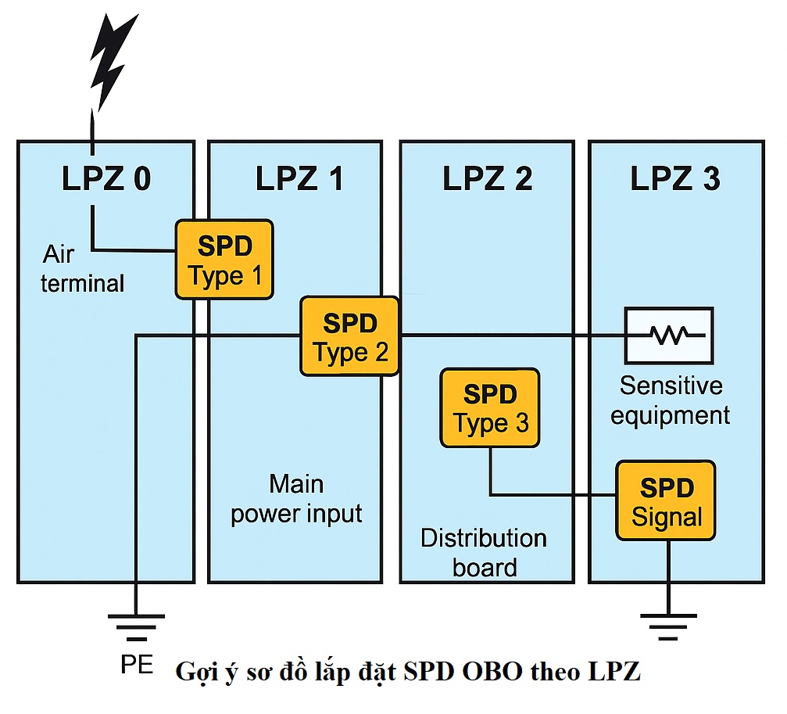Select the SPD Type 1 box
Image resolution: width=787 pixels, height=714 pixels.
pyautogui.click(x=224, y=260)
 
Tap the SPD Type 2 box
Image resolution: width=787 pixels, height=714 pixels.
pyautogui.click(x=350, y=336)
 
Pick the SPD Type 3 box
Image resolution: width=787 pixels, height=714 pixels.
pyautogui.click(x=490, y=407)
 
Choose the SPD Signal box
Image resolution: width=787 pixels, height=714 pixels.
pyautogui.click(x=666, y=501)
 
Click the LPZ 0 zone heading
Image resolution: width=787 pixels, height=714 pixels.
pyautogui.click(x=106, y=179)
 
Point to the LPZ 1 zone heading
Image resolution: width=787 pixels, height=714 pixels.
pyautogui.click(x=299, y=179)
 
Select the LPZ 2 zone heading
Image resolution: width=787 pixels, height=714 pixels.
pyautogui.click(x=487, y=179)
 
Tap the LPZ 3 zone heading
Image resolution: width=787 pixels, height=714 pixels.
pyautogui.click(x=675, y=179)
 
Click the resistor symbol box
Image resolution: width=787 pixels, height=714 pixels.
pyautogui.click(x=668, y=335)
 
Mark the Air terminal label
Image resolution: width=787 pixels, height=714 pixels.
pyautogui.click(x=82, y=268)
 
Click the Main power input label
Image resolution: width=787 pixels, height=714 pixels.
pyautogui.click(x=296, y=499)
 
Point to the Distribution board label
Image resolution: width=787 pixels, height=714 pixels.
pyautogui.click(x=484, y=552)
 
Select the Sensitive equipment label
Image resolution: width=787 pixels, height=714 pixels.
pyautogui.click(x=671, y=400)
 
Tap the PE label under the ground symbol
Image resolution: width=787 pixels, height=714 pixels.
pyautogui.click(x=137, y=665)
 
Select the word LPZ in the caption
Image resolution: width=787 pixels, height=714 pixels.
pyautogui.click(x=617, y=672)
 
